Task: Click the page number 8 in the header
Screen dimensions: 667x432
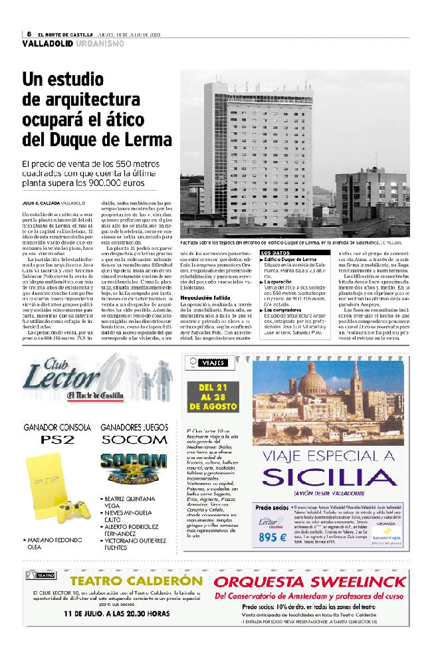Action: pyautogui.click(x=30, y=34)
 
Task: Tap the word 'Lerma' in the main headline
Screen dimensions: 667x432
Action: pyautogui.click(x=141, y=140)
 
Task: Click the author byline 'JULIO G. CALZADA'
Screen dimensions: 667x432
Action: pyautogui.click(x=41, y=202)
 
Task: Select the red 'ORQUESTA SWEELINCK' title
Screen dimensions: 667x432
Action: pyautogui.click(x=310, y=583)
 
